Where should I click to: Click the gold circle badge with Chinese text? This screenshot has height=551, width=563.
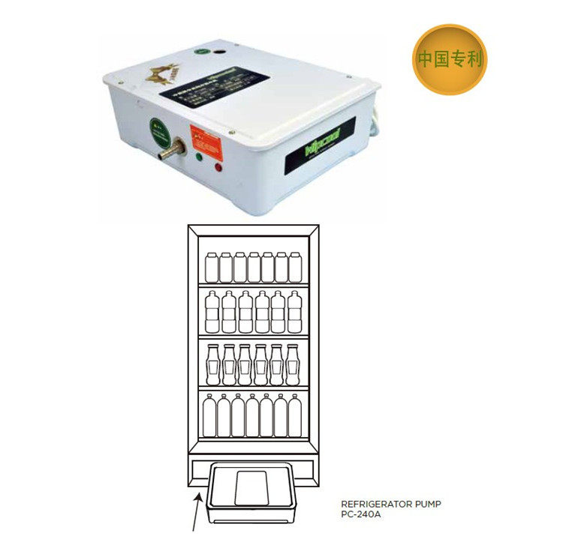coord(448,59)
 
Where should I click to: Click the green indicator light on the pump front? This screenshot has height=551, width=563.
coord(199,158)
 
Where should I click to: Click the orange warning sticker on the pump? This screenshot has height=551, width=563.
coord(204,135)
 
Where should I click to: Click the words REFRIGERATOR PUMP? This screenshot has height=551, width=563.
coord(391,505)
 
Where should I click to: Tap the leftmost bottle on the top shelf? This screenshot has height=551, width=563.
coord(211,268)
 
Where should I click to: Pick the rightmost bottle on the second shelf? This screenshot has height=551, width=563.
coord(294,312)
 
